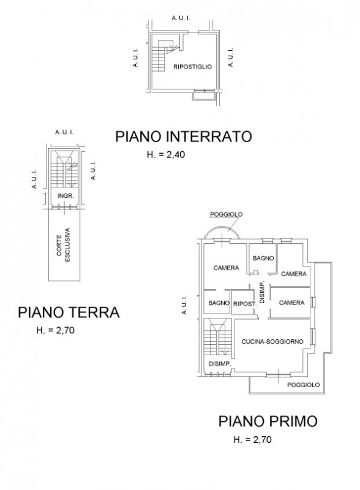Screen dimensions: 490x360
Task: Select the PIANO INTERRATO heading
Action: click(183, 137)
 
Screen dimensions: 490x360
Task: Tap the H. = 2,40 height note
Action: click(166, 155)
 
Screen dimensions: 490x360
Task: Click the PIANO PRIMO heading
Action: click(268, 421)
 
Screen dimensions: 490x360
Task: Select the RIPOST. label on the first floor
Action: click(244, 303)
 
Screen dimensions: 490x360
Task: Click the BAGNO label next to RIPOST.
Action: click(218, 303)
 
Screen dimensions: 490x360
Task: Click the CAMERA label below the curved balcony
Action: click(225, 268)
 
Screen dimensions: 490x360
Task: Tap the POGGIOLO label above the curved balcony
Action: click(225, 214)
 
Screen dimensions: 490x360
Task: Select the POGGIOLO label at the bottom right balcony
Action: click(304, 385)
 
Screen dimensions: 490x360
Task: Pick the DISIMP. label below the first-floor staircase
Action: click(219, 363)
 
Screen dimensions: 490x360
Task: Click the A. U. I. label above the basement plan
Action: click(181, 19)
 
